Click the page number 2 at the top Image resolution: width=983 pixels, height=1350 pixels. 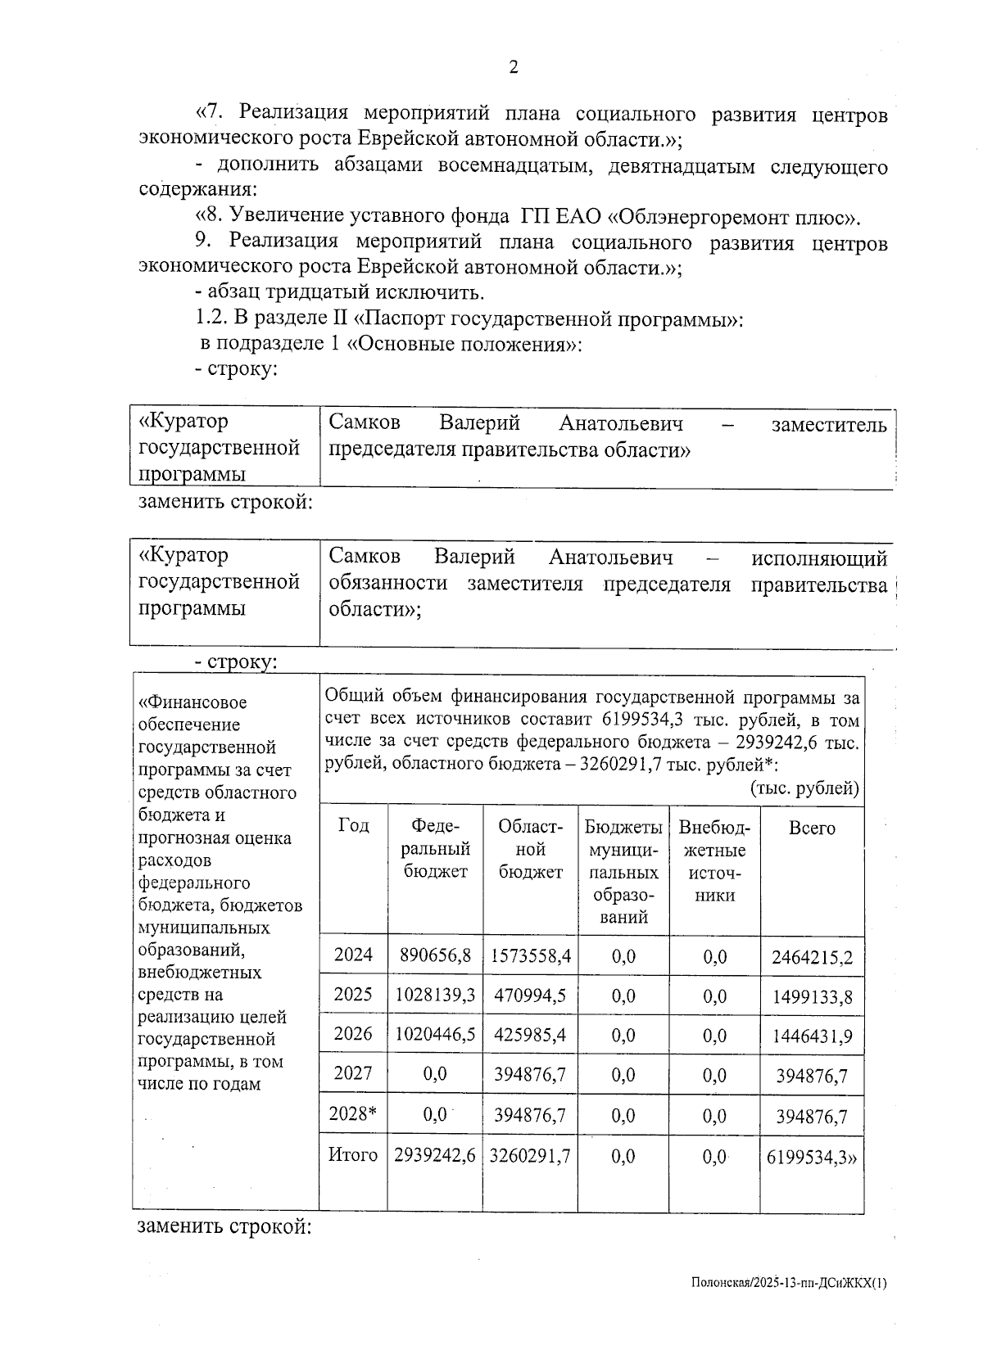(x=514, y=68)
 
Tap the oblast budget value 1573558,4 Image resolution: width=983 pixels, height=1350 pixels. (x=531, y=955)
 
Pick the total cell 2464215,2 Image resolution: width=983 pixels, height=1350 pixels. (x=812, y=957)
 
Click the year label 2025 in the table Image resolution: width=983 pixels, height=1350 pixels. (x=353, y=995)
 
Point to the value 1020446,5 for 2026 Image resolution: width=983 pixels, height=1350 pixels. (x=435, y=1035)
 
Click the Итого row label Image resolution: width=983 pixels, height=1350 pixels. (x=353, y=1155)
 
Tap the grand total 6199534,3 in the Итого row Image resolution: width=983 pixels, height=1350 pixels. (x=809, y=1157)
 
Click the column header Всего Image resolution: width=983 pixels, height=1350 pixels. (x=812, y=828)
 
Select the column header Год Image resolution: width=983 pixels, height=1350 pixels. (x=353, y=825)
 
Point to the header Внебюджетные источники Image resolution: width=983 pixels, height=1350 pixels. (x=714, y=860)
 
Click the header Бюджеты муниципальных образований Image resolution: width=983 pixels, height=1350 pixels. (x=623, y=872)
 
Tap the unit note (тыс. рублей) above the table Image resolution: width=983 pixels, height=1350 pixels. (x=804, y=788)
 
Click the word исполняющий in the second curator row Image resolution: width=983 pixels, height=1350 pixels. (x=819, y=558)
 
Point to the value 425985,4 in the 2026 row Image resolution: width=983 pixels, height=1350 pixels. (x=530, y=1035)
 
